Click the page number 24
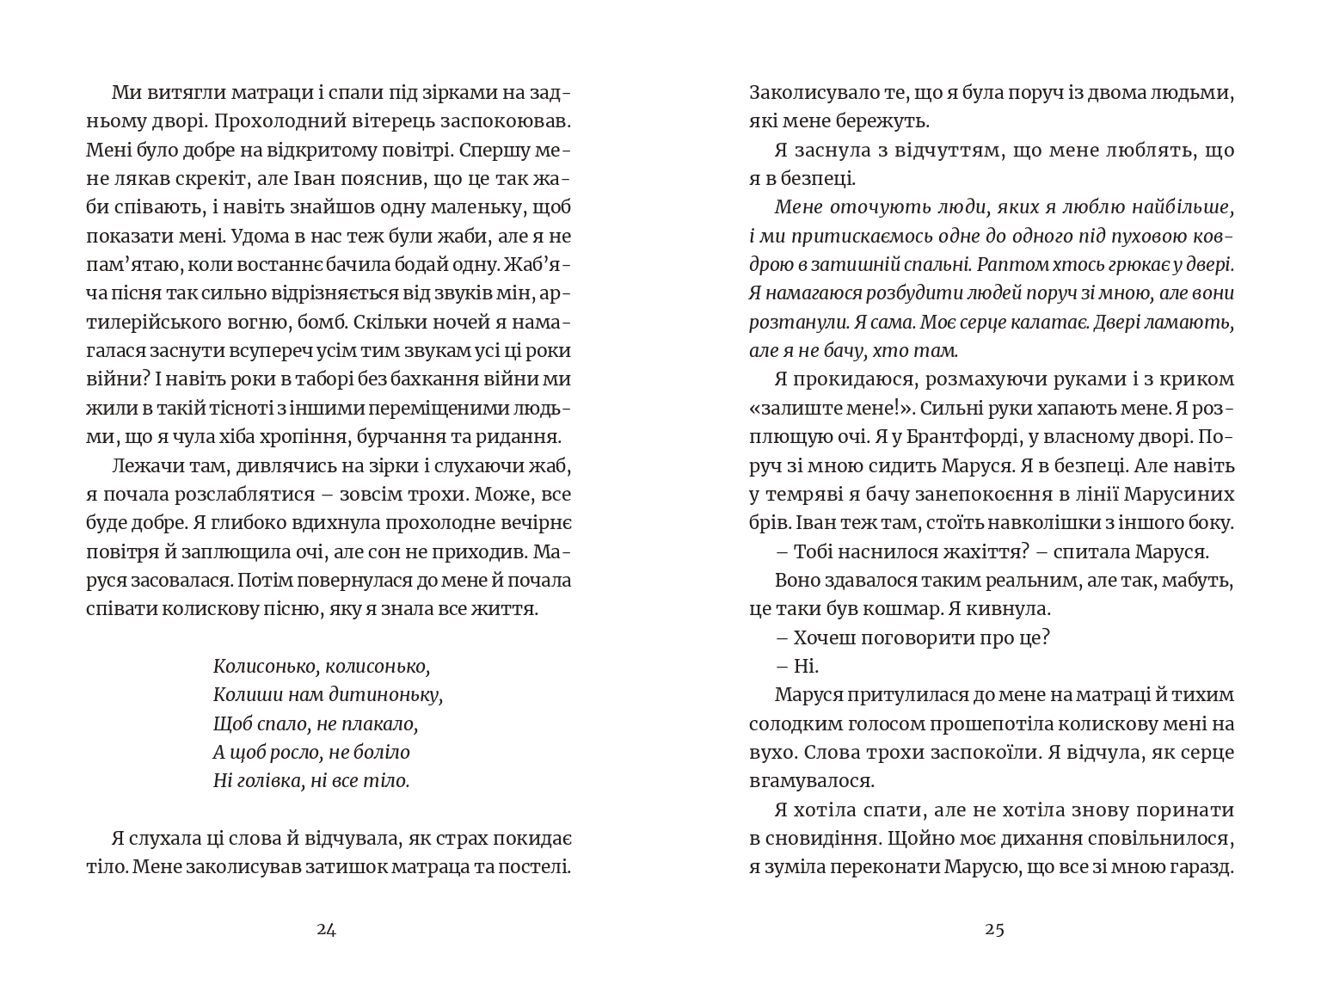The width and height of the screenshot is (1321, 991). click(326, 929)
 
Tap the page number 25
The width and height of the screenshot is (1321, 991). click(994, 929)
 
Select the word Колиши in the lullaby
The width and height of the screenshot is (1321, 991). click(242, 695)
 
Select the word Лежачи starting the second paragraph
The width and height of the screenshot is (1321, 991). click(142, 465)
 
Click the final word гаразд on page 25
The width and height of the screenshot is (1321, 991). click(1202, 867)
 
